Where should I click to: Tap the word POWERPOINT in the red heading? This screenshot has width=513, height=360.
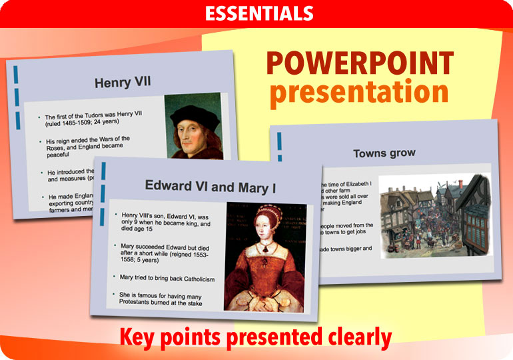pos(360,64)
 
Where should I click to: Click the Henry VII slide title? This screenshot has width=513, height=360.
pos(123,83)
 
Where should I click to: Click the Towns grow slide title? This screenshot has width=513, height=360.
pos(384,153)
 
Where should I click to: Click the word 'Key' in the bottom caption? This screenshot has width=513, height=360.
pos(140,337)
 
